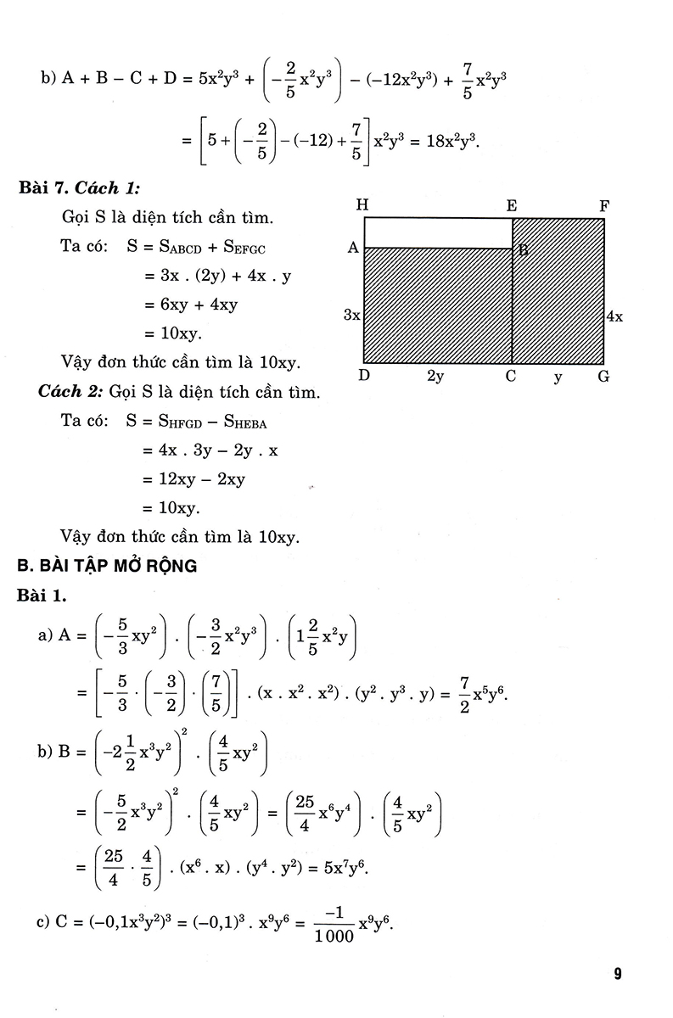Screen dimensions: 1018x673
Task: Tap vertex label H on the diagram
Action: coord(363,204)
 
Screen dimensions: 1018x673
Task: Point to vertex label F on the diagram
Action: coord(604,204)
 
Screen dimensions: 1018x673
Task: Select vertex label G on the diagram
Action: coord(603,377)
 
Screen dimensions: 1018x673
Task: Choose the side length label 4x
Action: coord(615,316)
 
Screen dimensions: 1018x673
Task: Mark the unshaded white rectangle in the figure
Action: coord(437,232)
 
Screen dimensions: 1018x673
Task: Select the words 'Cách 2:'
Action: coord(70,393)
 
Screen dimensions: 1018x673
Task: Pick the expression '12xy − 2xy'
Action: coord(193,479)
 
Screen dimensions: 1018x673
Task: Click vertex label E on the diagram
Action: coord(512,204)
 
